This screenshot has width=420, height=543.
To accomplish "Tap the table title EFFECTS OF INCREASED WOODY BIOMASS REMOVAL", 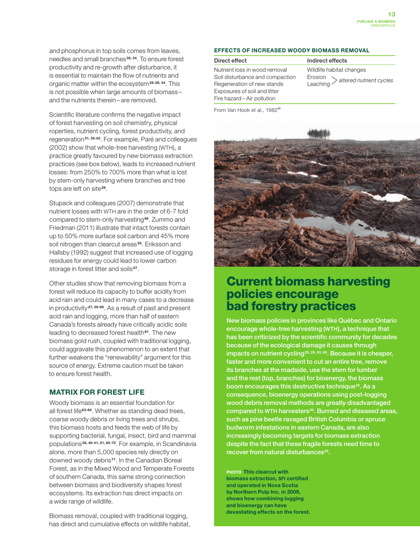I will click(x=291, y=51).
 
